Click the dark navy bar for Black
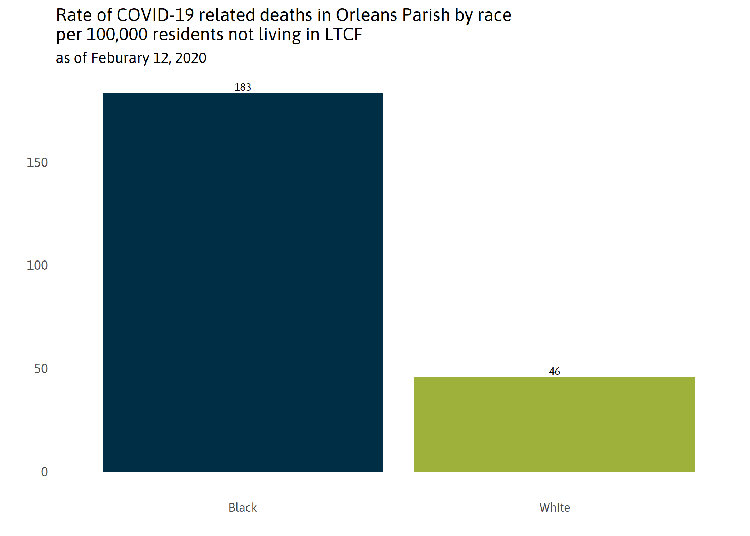[242, 282]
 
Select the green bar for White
[554, 424]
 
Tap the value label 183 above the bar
[242, 87]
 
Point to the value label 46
[554, 372]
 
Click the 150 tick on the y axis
[37, 163]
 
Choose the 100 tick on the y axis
[37, 265]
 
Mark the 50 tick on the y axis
[41, 369]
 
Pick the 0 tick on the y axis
[45, 472]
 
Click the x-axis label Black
[242, 507]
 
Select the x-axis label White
[554, 507]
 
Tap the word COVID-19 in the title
[155, 15]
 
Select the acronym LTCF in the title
[343, 35]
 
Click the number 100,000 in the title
[117, 35]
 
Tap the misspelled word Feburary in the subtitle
[120, 58]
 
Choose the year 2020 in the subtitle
[191, 58]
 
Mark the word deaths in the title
[283, 15]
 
